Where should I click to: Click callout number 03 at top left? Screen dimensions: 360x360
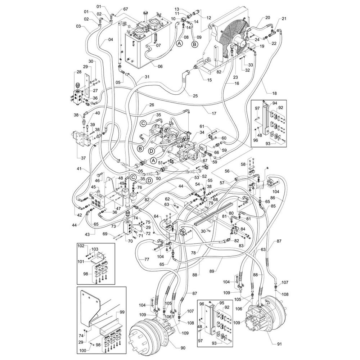tap(78, 26)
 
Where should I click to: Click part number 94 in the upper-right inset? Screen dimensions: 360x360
tap(275, 103)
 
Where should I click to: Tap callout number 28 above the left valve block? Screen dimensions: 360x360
tap(79, 72)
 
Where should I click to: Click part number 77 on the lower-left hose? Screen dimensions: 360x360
tap(147, 259)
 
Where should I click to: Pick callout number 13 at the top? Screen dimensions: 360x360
tap(177, 9)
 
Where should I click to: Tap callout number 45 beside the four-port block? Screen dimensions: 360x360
tap(93, 187)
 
